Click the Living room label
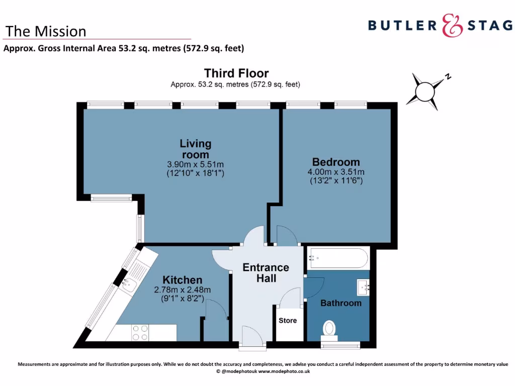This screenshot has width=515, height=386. tap(195, 149)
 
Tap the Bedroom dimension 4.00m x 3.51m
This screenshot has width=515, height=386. tap(336, 171)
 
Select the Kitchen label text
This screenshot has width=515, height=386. tap(182, 280)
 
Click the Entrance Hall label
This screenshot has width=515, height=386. tap(266, 272)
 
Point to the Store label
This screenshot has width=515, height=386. tap(288, 320)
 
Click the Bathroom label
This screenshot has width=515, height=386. tap(341, 303)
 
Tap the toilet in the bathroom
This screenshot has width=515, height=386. tap(330, 328)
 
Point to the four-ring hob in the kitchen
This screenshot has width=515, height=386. tap(140, 332)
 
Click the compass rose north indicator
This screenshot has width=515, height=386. tap(447, 77)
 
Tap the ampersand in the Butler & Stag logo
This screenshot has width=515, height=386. tap(452, 25)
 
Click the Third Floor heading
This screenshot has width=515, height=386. tap(236, 73)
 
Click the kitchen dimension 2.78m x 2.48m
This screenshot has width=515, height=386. tap(182, 289)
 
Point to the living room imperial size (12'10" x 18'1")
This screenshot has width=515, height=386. tap(195, 173)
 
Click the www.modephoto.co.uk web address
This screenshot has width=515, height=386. tap(284, 371)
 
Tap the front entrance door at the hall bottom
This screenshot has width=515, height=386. tap(252, 336)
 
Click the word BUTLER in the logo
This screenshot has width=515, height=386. tap(402, 25)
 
